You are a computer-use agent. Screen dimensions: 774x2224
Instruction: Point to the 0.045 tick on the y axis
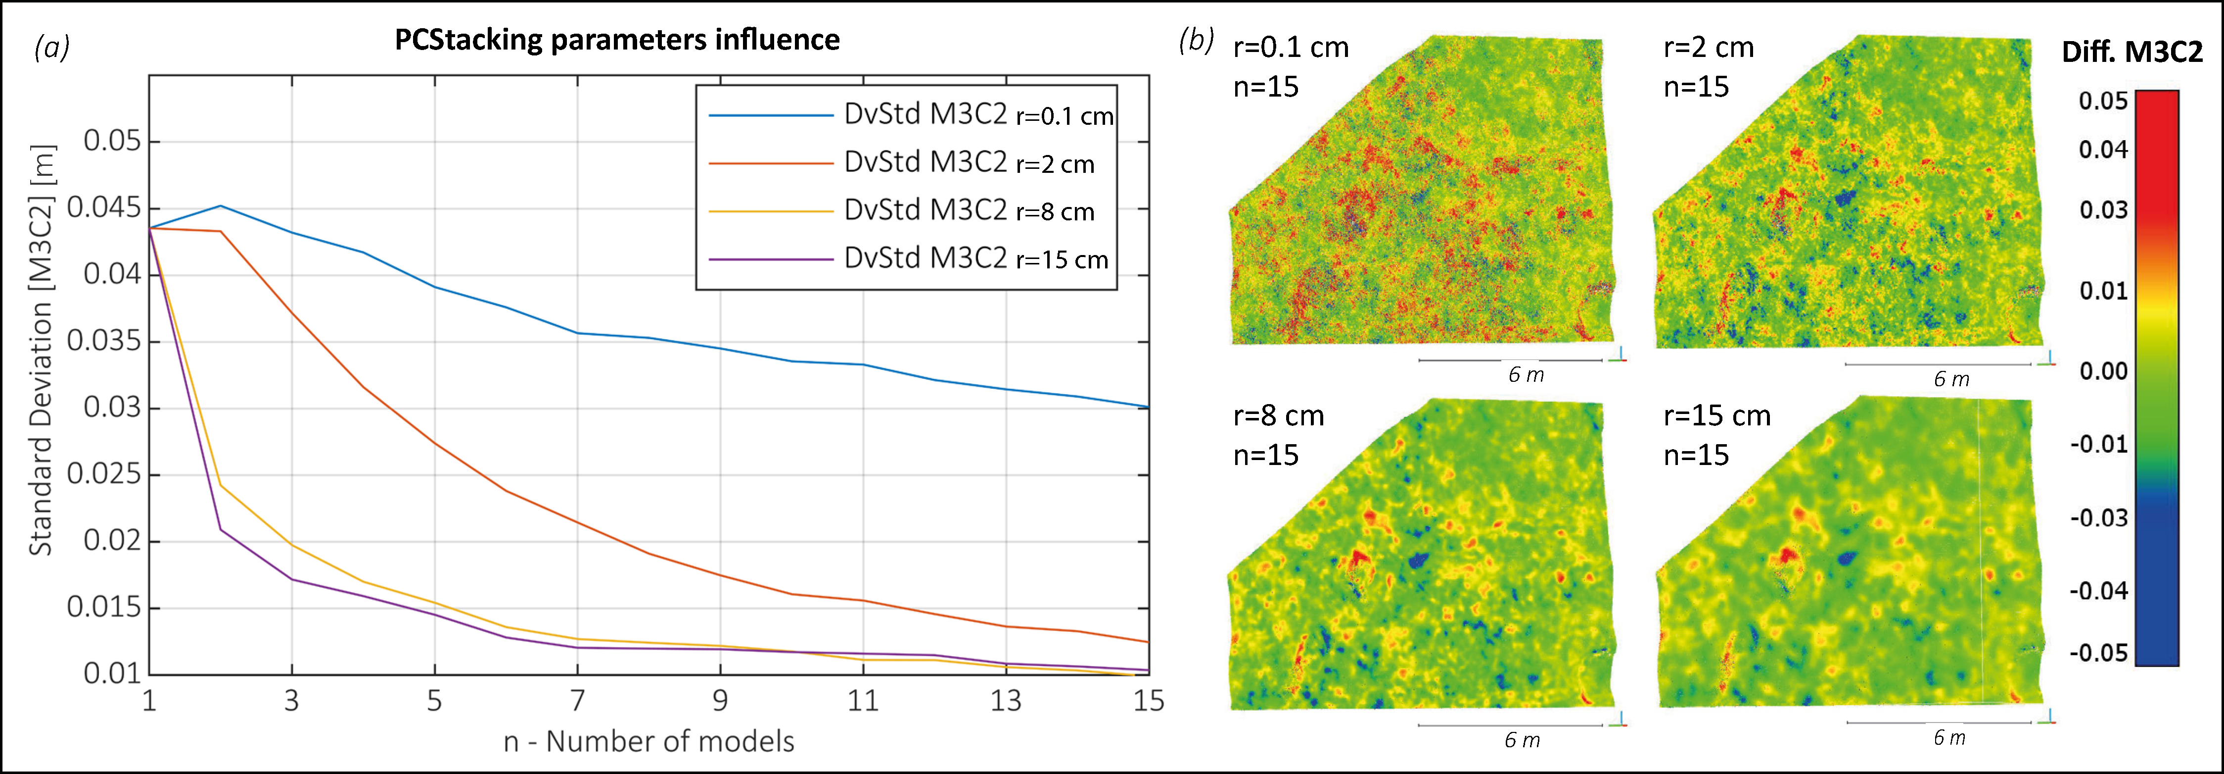[x=103, y=208]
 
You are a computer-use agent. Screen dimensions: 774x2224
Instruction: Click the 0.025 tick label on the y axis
[x=103, y=474]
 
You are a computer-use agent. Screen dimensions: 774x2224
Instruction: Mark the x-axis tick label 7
[x=578, y=700]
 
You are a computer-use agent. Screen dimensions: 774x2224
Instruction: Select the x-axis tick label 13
[x=1006, y=700]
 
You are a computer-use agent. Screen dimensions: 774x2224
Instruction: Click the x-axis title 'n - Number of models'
[x=649, y=741]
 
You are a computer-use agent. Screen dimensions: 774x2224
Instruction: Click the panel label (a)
[x=52, y=47]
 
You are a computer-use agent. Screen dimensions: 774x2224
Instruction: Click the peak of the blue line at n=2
[x=221, y=206]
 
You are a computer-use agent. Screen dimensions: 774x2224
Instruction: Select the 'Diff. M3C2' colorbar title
[x=2131, y=52]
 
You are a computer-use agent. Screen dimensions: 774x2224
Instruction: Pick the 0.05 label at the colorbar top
[x=2103, y=101]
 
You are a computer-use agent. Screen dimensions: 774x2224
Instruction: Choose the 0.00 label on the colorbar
[x=2103, y=371]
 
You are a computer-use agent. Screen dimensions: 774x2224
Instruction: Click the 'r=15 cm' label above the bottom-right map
[x=1716, y=415]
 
